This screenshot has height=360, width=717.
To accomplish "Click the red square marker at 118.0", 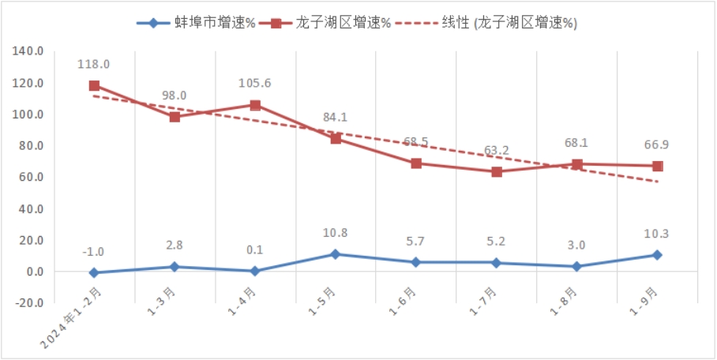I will [94, 85].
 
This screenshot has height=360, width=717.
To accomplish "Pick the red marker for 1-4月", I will [255, 105].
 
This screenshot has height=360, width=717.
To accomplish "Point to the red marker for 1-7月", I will [497, 171].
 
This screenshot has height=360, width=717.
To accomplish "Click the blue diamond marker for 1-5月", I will [336, 254].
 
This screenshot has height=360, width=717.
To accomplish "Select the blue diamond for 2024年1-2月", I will [94, 272].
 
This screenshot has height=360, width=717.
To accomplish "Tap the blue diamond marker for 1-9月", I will [657, 255].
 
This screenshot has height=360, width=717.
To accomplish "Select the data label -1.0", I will [93, 252].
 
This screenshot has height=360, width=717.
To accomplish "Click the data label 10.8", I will [336, 234].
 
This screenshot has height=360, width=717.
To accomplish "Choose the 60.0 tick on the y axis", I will [29, 178].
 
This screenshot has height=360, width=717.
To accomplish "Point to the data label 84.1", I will [336, 118].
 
